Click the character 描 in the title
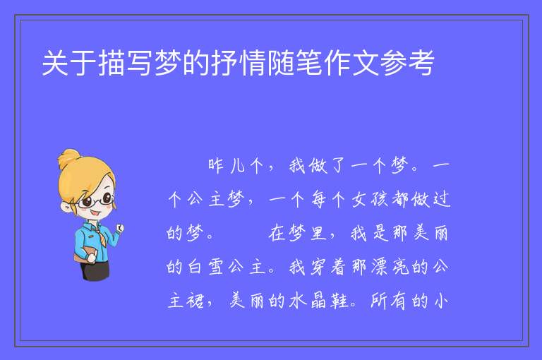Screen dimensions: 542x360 (112, 63)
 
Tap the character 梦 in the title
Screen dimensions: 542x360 (168, 63)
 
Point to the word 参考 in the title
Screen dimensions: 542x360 (407, 63)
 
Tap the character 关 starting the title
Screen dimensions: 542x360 (55, 63)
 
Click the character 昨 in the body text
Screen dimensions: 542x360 (216, 166)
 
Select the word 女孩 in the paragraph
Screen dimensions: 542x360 (371, 200)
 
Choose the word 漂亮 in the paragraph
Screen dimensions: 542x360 (390, 267)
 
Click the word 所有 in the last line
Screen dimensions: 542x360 (389, 301)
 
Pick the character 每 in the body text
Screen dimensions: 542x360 (319, 200)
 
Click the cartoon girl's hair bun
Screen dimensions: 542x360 (68, 158)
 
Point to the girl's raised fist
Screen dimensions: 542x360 (120, 228)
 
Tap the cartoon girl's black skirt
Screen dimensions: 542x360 (96, 270)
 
